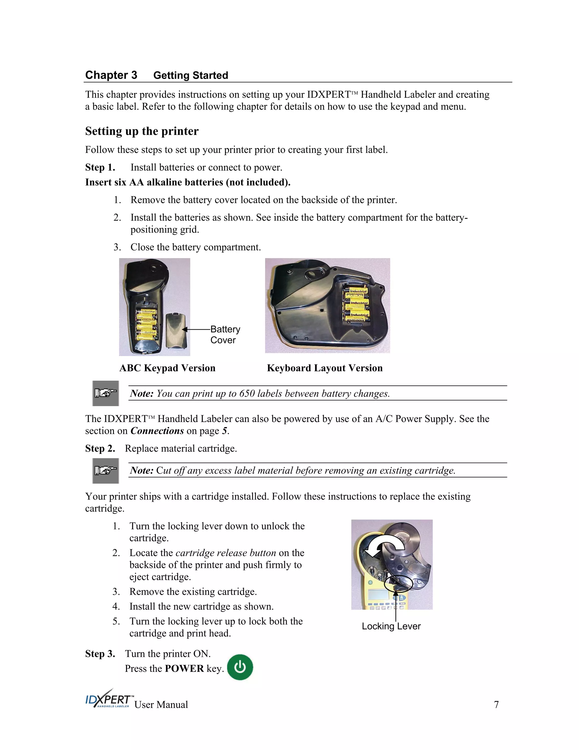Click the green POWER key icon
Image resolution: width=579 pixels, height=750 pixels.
(240, 667)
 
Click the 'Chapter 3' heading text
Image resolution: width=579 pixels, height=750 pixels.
(111, 75)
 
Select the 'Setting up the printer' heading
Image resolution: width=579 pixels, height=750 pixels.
(142, 131)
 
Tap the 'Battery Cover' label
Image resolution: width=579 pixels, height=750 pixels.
(225, 335)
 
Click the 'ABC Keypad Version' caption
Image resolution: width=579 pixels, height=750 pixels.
(167, 368)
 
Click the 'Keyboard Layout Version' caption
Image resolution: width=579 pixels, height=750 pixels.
(325, 368)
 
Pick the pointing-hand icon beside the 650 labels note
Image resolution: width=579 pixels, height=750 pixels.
(106, 393)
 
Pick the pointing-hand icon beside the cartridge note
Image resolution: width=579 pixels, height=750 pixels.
(106, 470)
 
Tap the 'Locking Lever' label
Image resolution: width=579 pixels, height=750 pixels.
(391, 626)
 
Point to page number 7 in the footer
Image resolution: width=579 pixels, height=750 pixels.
(496, 704)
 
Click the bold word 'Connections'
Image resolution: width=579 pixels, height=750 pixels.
(157, 431)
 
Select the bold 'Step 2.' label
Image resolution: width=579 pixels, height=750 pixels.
(100, 449)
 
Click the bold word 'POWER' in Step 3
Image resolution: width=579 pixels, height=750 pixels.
(184, 668)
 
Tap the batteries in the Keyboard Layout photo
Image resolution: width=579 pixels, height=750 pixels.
(357, 304)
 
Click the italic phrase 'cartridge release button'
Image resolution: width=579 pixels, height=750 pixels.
(226, 553)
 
